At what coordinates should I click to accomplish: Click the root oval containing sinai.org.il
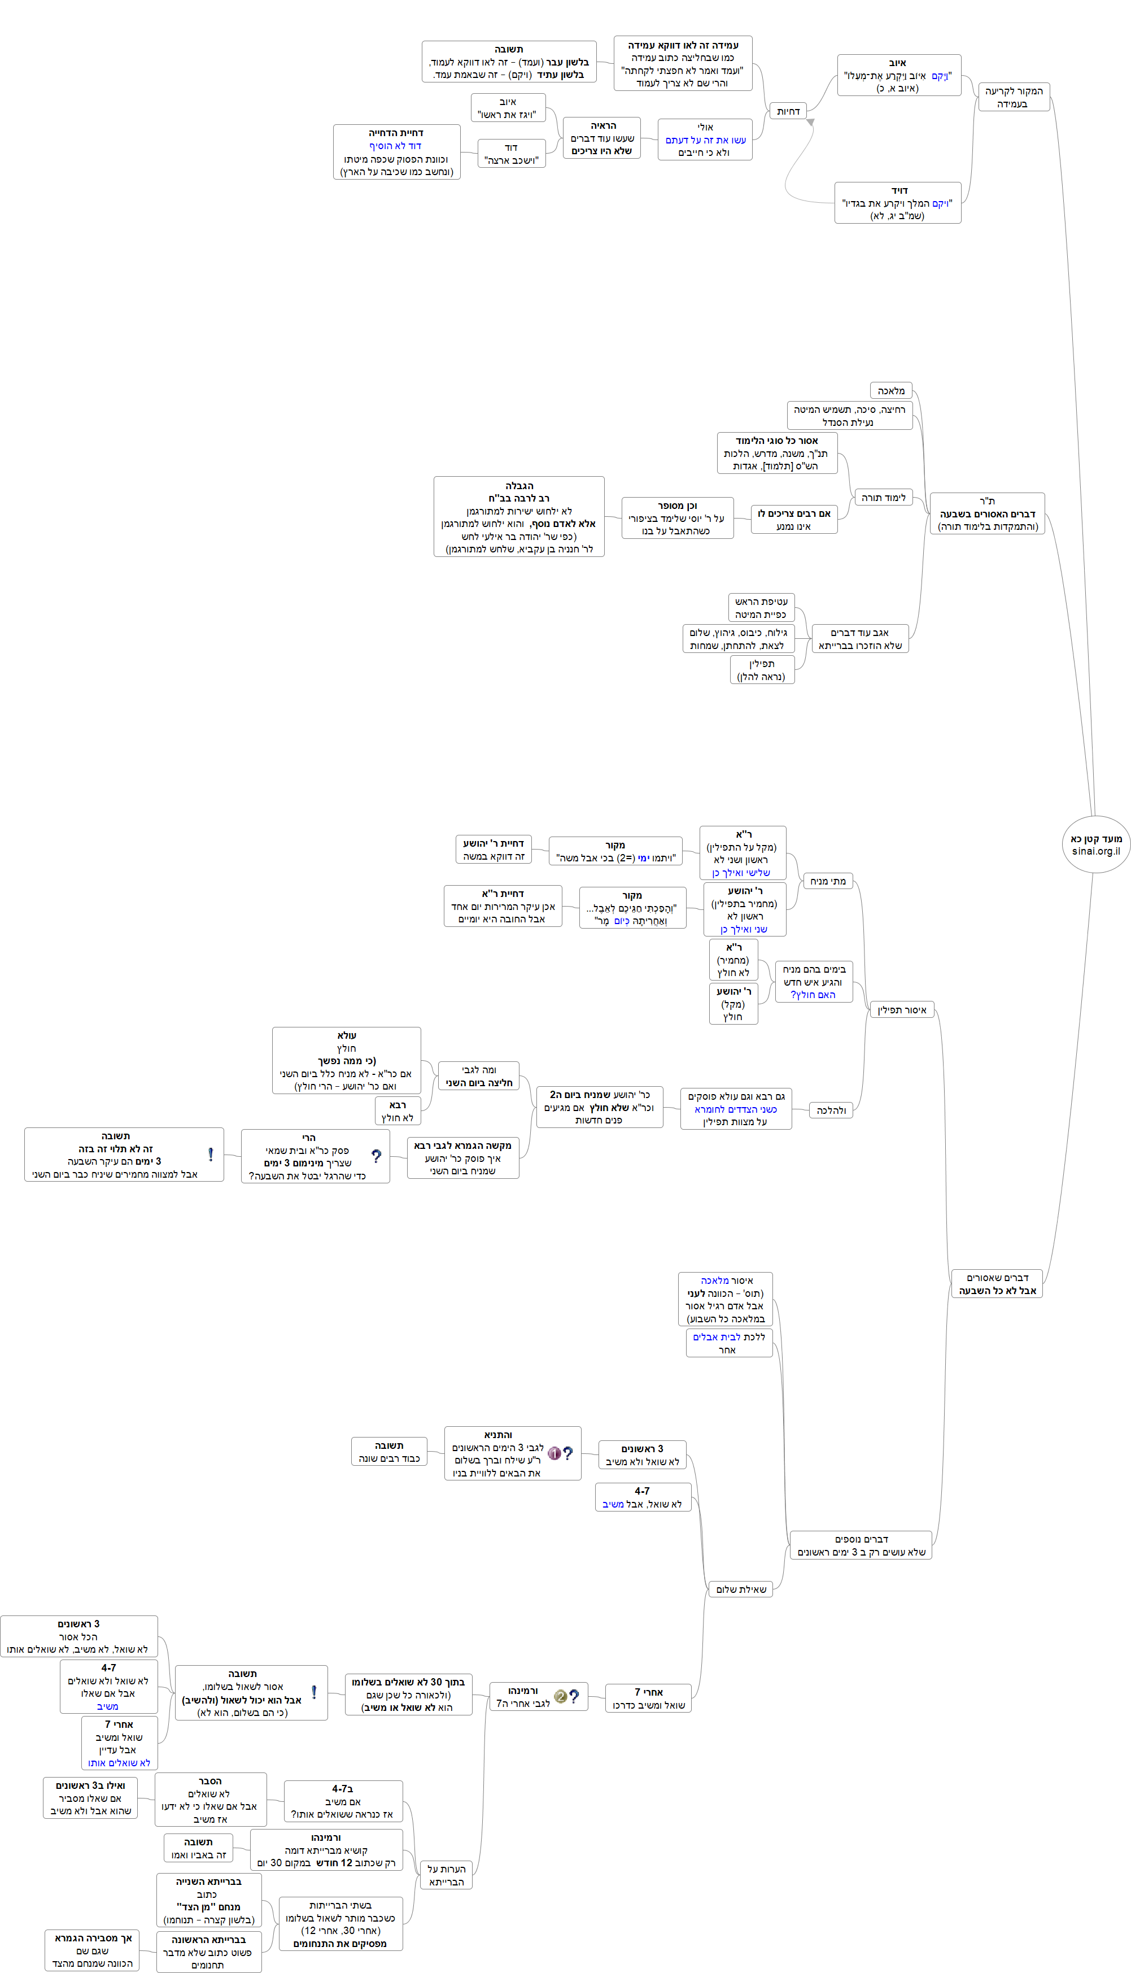[1095, 844]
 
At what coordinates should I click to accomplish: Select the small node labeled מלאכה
[890, 391]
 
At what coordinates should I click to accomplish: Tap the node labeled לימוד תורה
[883, 497]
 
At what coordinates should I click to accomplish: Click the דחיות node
[788, 111]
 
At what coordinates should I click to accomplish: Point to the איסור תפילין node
[901, 1010]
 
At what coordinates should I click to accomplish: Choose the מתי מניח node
[827, 881]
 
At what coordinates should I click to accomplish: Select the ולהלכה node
[831, 1110]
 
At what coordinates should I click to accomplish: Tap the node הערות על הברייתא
[446, 1875]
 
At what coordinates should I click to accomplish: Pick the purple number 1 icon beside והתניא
[554, 1453]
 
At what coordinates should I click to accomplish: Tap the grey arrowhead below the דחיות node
[810, 123]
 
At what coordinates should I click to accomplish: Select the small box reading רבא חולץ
[397, 1111]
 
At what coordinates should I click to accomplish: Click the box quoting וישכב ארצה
[511, 154]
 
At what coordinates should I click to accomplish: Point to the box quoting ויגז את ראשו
[508, 108]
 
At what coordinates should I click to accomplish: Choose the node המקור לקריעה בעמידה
[1013, 97]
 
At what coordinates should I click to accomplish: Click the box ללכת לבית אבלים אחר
[728, 1343]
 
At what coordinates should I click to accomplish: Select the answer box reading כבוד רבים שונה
[389, 1452]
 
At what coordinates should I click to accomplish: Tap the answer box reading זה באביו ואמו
[198, 1848]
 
